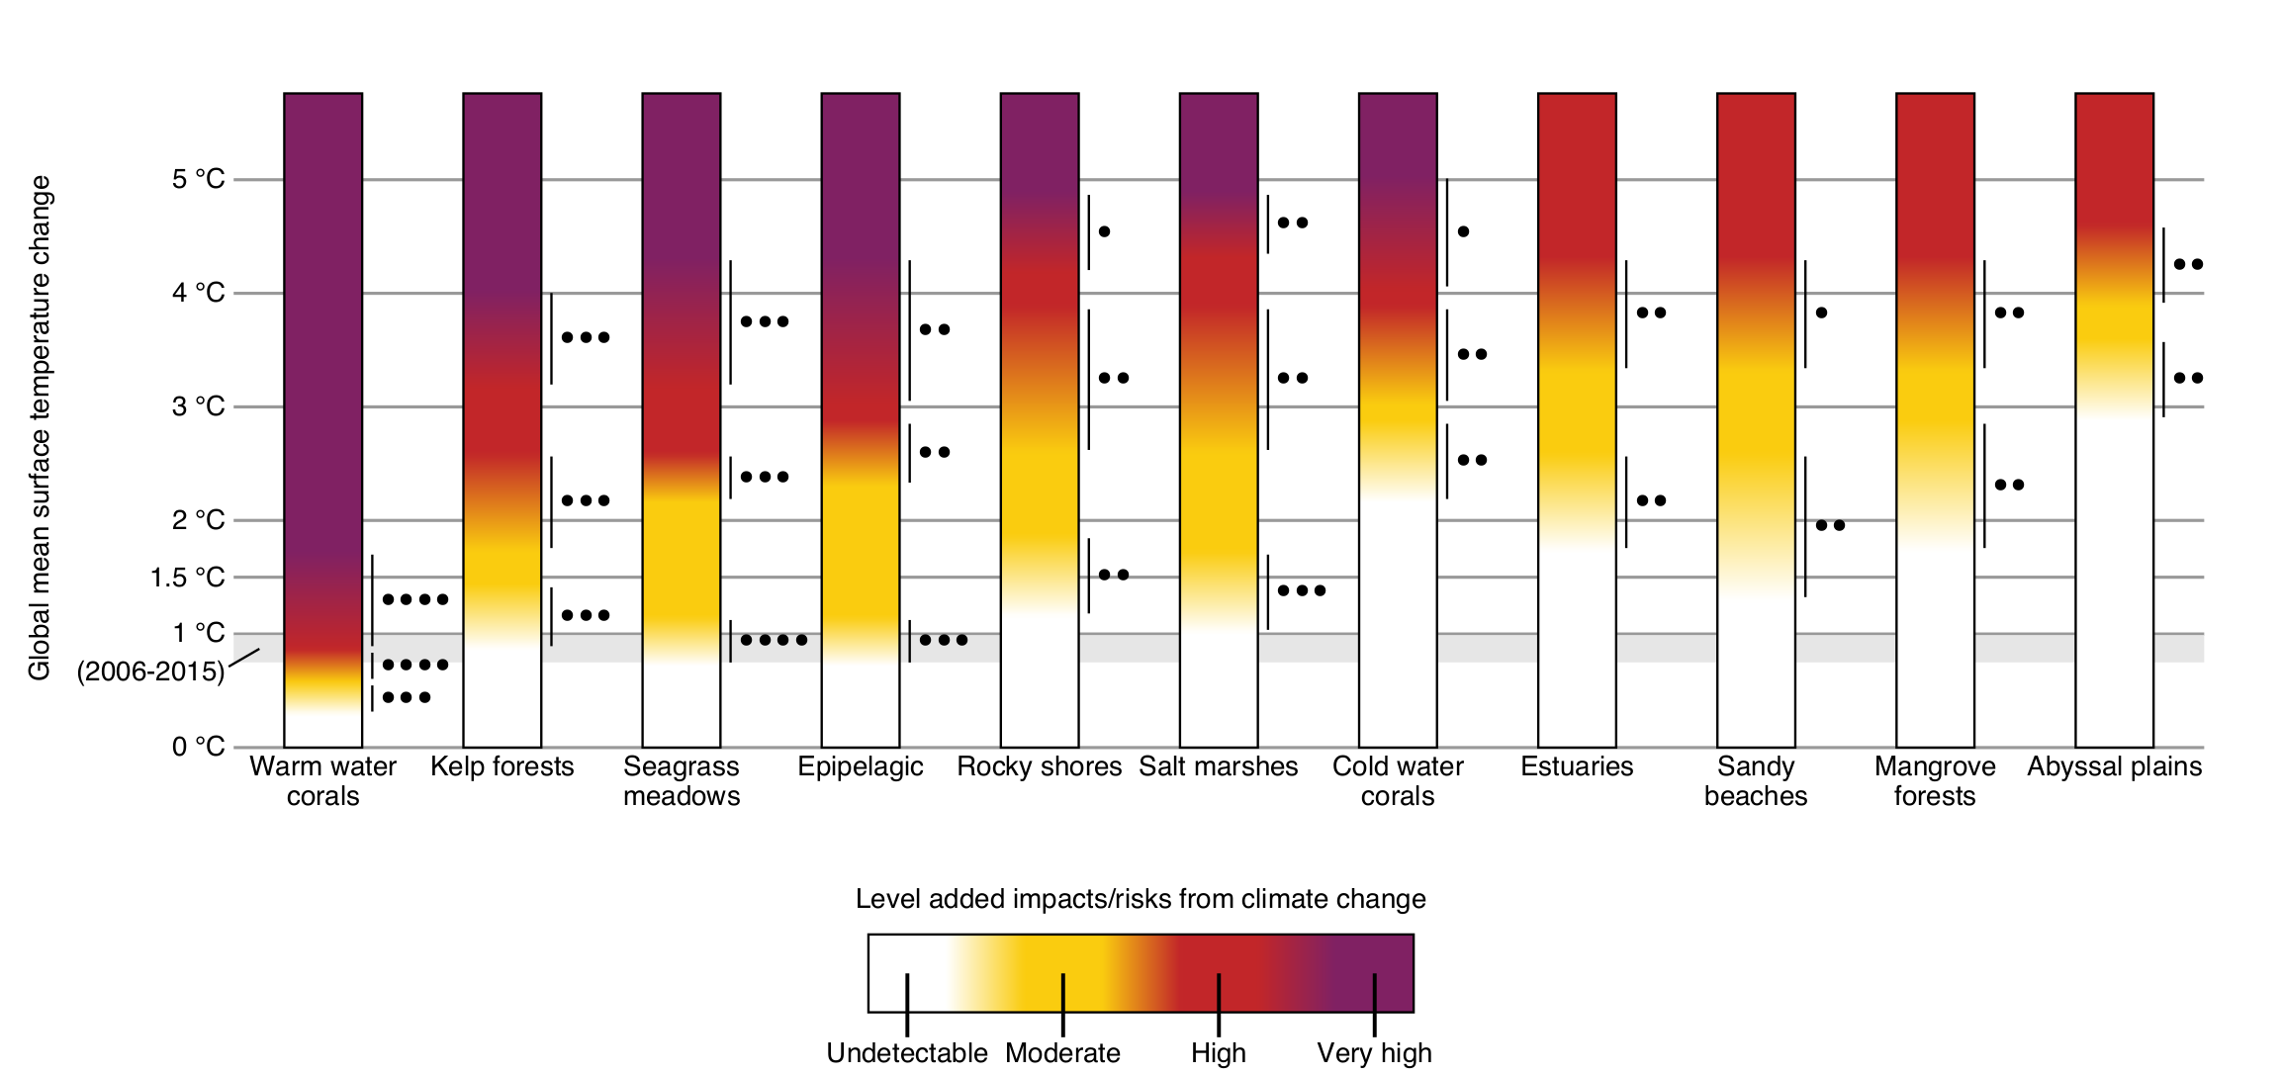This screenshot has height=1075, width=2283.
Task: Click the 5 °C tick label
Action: pos(198,179)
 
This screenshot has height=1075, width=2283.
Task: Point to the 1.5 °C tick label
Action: pos(187,578)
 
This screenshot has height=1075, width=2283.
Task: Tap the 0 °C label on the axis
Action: pos(198,747)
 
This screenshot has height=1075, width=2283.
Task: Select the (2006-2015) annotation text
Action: pos(150,672)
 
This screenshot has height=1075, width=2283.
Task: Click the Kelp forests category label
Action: pos(502,766)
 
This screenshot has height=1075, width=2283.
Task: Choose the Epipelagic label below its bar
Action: pos(860,766)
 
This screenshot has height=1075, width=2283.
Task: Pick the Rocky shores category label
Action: pos(1039,766)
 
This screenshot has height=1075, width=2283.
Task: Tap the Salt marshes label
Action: pos(1218,766)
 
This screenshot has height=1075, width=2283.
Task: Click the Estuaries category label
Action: pos(1577,766)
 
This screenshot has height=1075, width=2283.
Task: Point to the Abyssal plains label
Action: pos(2114,766)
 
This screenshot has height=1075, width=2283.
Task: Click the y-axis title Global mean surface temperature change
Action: pos(40,427)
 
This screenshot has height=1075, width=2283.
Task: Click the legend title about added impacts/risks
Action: pos(1141,899)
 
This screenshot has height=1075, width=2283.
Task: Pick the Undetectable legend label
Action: pos(906,1053)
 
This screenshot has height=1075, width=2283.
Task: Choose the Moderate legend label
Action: pos(1062,1053)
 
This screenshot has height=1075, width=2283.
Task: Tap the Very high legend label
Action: pos(1374,1053)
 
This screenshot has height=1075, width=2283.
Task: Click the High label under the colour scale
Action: pos(1218,1053)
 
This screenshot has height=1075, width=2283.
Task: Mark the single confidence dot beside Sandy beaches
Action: pos(1821,313)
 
